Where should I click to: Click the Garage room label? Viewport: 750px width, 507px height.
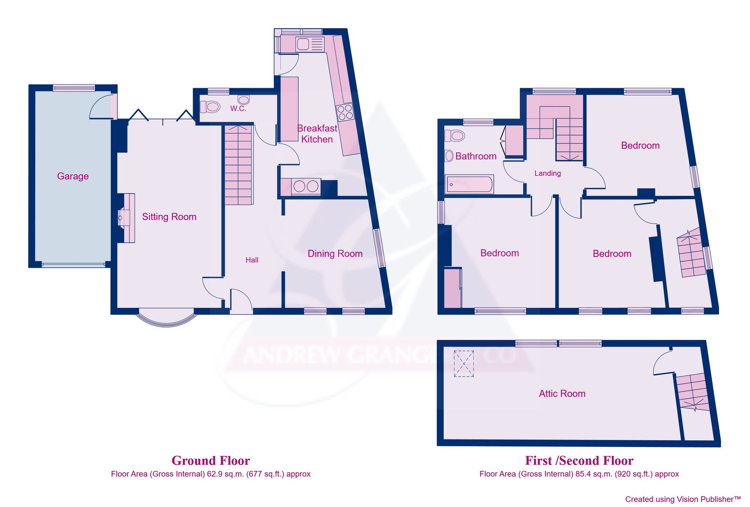point(73,176)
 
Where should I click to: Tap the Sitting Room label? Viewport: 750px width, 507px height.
point(169,217)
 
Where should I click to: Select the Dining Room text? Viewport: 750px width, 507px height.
point(335,254)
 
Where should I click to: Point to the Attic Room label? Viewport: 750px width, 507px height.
point(562,393)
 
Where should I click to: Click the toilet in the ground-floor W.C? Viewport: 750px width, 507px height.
point(210,107)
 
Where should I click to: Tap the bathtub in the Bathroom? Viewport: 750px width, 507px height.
point(469,184)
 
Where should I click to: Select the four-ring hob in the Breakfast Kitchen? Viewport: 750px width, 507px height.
point(345,112)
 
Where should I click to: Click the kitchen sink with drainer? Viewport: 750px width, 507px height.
point(309,44)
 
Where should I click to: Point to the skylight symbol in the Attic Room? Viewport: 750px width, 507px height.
point(463,363)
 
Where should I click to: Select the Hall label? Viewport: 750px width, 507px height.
point(252,260)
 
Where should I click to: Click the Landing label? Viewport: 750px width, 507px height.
point(547,173)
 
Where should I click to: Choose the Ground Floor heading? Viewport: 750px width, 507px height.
point(211,461)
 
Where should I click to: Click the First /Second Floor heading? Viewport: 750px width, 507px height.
point(579,461)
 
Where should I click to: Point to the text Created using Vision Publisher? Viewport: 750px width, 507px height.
point(682,499)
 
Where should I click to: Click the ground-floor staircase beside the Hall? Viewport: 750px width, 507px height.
point(238,165)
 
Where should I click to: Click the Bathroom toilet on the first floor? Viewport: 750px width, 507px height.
point(455,136)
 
